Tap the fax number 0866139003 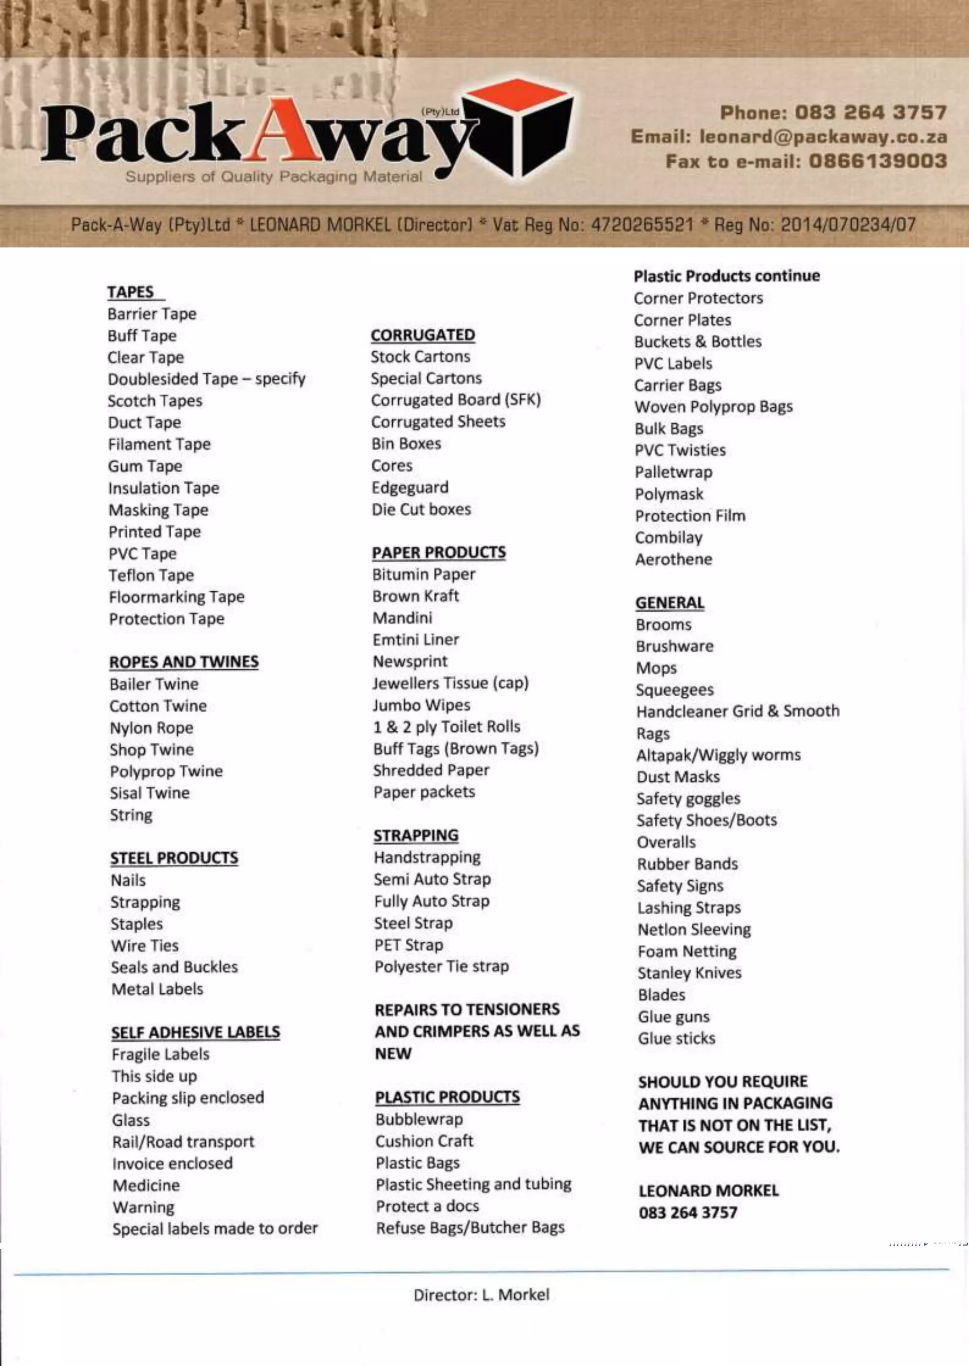coord(878,162)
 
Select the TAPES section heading coord(131,292)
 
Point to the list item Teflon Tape coord(151,576)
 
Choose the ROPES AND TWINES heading coord(184,662)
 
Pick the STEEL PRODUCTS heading coord(174,858)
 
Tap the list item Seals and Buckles coord(174,967)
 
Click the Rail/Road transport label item coord(183,1142)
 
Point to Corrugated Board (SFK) coord(456,400)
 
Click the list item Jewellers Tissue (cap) coord(450,683)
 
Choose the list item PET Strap coord(409,945)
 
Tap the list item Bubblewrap coord(419,1120)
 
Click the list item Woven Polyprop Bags coord(714,407)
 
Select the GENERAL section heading coord(669,603)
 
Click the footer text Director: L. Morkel coord(482,1295)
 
